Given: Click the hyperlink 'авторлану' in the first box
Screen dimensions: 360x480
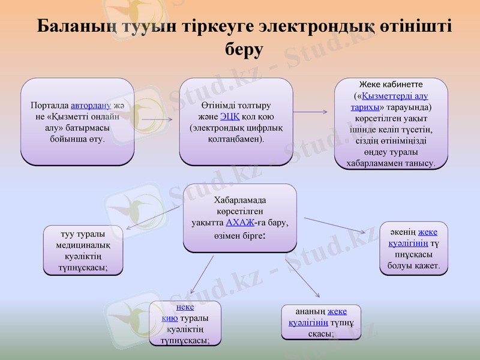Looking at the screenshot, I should click(91, 106).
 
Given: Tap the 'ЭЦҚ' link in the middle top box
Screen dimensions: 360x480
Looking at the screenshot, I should click(230, 116).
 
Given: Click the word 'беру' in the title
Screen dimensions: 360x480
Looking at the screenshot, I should click(244, 49).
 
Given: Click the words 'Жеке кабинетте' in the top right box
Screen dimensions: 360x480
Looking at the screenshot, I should click(391, 85).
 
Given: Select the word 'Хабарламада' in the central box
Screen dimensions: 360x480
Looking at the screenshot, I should click(240, 200).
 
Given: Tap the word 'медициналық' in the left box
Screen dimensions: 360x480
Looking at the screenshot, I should click(82, 246).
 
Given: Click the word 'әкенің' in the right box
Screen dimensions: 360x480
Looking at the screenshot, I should click(403, 233).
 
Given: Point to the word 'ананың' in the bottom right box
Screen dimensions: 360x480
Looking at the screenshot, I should click(311, 311).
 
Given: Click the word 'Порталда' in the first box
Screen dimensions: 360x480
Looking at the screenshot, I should click(49, 106).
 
